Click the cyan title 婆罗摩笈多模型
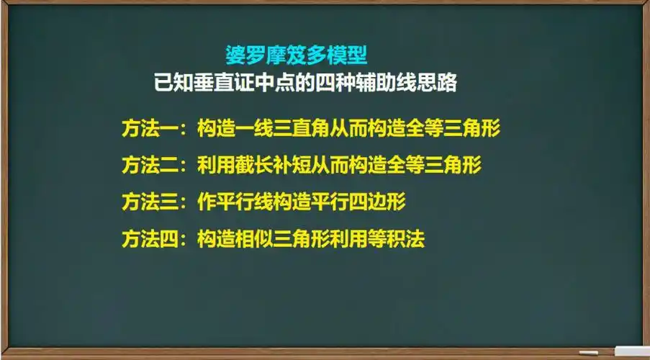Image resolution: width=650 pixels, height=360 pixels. [x=297, y=55]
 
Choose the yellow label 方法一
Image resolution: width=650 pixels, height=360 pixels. [x=148, y=129]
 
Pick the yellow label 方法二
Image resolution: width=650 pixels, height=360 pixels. [x=148, y=165]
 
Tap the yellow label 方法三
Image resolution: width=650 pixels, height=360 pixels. [x=148, y=202]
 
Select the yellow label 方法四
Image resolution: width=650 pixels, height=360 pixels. [x=148, y=239]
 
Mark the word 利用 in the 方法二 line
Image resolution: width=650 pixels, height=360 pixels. [x=215, y=165]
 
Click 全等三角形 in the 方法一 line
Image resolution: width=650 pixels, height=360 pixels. [x=453, y=129]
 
